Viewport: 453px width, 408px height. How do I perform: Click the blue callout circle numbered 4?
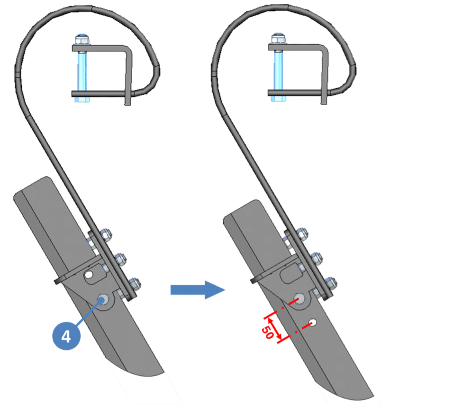[66, 337]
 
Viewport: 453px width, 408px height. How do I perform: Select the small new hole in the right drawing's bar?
[312, 323]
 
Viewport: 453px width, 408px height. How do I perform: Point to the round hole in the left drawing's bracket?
[90, 274]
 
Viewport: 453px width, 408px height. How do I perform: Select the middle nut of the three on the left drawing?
[121, 259]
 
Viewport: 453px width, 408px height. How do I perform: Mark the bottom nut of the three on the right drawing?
[331, 283]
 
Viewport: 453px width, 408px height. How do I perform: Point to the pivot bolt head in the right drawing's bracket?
[299, 299]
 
